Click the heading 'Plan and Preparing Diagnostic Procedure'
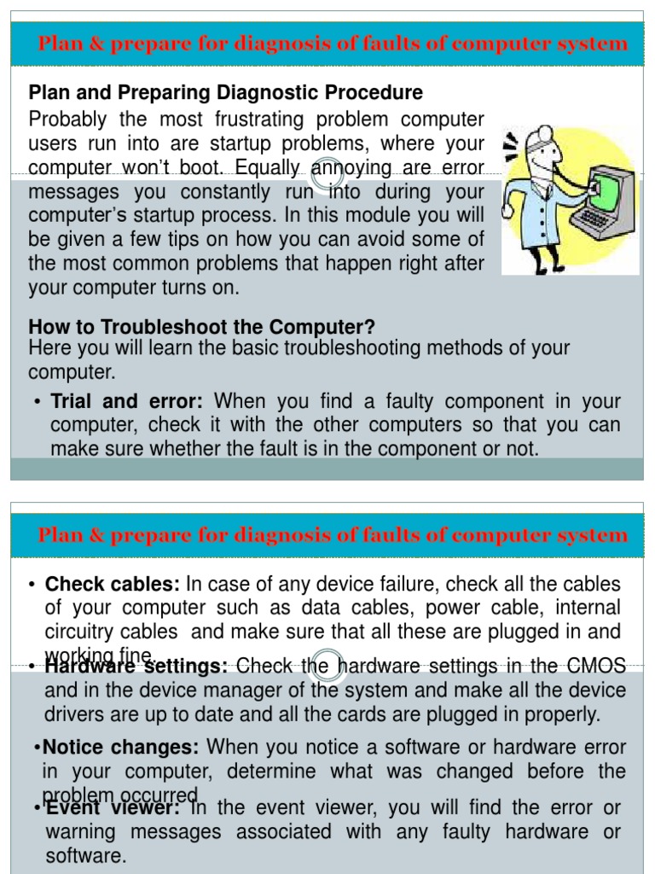(x=225, y=92)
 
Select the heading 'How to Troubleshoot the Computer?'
(x=201, y=327)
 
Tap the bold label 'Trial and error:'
(x=127, y=401)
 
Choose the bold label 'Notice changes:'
(x=120, y=748)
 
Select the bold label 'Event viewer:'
(x=113, y=807)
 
